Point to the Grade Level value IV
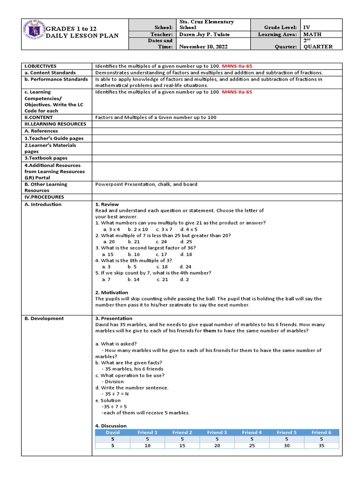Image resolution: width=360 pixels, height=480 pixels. pos(307,28)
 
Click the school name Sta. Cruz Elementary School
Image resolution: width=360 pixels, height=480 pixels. pos(206,25)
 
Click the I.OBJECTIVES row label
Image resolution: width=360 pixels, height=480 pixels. pos(40,66)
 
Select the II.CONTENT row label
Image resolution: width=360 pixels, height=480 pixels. pos(39,117)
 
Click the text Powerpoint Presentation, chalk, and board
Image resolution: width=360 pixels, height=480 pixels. pos(146,184)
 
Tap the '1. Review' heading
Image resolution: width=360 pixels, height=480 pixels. pos(107,204)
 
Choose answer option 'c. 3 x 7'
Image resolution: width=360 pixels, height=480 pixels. pos(157,229)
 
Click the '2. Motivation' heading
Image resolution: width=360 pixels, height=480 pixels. pos(112,292)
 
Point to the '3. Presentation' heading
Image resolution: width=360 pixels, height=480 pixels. pos(113,318)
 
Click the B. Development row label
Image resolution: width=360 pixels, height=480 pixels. pos(44,318)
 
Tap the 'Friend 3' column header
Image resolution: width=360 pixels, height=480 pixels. pos(217,432)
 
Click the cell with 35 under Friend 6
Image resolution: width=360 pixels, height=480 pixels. pos(321,445)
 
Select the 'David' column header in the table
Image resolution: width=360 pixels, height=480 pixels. pos(112,432)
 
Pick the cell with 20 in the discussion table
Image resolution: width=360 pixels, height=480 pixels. pos(217,445)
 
